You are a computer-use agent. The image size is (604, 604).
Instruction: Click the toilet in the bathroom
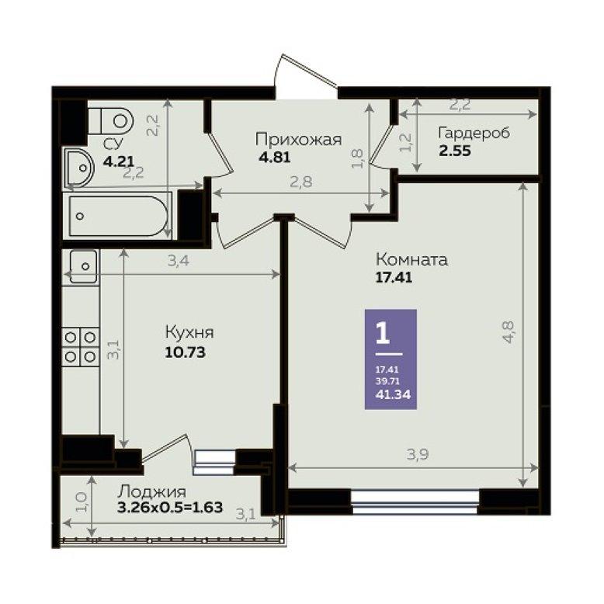click(110, 120)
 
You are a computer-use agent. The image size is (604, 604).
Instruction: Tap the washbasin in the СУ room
click(79, 168)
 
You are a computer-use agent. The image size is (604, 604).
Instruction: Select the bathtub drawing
click(118, 216)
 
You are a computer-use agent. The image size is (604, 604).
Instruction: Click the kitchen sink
click(83, 266)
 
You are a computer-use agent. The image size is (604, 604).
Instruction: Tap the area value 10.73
click(185, 352)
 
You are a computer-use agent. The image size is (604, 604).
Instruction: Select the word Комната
click(411, 259)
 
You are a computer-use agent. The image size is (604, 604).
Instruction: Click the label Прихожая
click(299, 139)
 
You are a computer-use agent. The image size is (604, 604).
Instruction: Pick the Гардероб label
click(474, 133)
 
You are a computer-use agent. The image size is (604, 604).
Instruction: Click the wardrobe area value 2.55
click(455, 151)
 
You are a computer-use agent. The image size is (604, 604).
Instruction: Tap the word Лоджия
click(151, 492)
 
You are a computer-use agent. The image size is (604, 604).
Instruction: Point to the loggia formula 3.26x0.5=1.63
click(170, 507)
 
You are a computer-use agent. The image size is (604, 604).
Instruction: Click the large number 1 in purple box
click(383, 334)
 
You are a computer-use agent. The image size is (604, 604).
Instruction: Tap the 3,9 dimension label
click(418, 455)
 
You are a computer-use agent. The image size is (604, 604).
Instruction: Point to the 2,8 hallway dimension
click(301, 182)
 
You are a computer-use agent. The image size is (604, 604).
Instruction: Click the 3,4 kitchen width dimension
click(179, 261)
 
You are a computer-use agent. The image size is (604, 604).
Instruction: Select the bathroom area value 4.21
click(119, 161)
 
